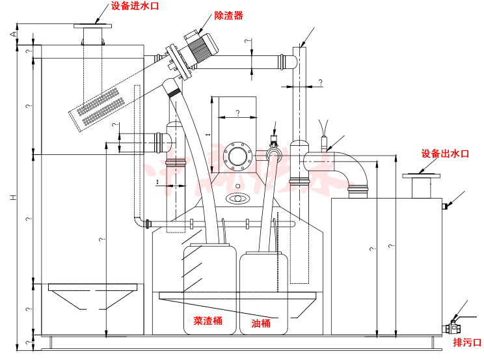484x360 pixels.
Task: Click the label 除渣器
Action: [228, 16]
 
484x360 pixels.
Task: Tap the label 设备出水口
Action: [445, 154]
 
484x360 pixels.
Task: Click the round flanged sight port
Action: [237, 156]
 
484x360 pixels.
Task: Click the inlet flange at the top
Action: [93, 27]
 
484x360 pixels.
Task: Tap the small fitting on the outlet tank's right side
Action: [446, 206]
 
